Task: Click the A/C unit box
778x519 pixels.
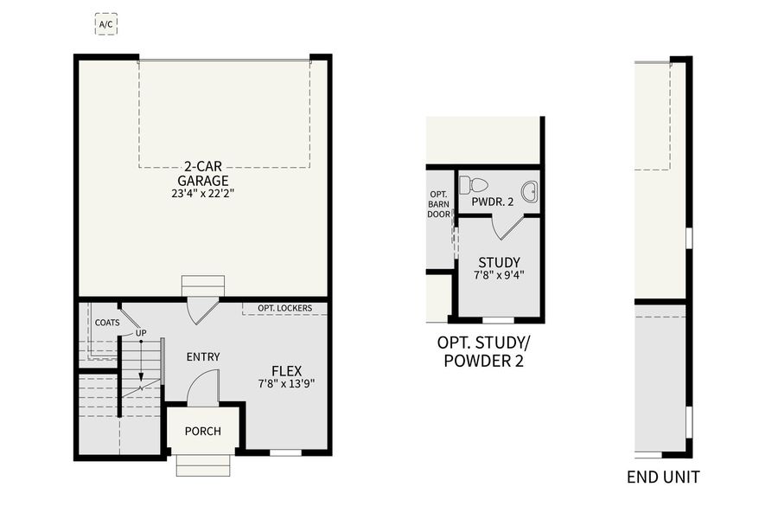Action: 105,24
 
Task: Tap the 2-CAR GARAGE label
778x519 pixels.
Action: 204,173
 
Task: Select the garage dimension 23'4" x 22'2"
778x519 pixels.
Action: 204,194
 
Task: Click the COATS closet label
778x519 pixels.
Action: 107,323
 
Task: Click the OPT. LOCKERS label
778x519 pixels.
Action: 284,308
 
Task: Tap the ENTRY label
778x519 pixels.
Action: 203,356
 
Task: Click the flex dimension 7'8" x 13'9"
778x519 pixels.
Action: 286,383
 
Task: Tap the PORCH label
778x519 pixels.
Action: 203,431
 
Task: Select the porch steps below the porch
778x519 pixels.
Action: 203,465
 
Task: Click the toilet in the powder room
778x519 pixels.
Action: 474,184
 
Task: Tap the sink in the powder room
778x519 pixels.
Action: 529,192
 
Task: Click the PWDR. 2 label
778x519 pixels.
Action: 492,202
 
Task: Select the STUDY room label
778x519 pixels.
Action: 499,263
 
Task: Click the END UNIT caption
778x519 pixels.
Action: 663,477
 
